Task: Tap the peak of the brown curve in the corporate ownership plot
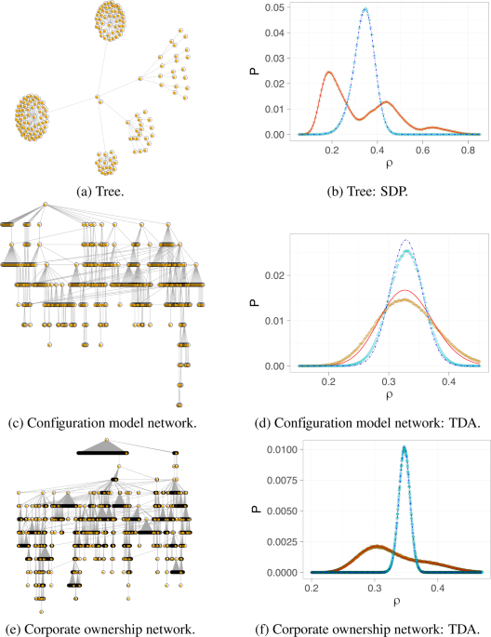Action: click(375, 546)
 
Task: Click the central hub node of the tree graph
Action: click(96, 97)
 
